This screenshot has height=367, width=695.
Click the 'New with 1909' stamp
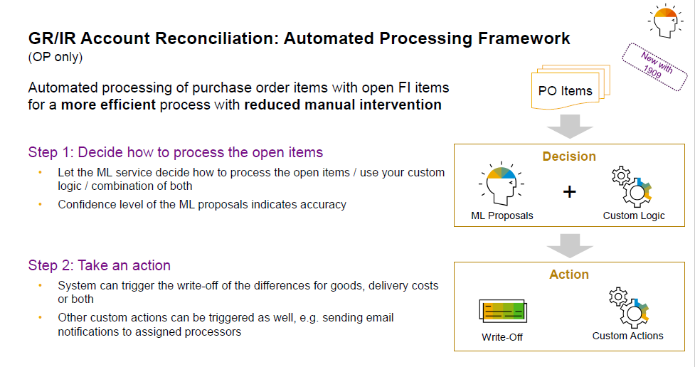pos(654,66)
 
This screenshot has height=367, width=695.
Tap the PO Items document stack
pos(571,87)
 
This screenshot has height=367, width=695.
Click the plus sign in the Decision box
pos(570,191)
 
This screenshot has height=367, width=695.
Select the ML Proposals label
pos(502,216)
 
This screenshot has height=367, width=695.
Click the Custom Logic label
pos(634,216)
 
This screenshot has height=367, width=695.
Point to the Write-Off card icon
pos(503,311)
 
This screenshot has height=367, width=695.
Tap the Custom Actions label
pos(627,336)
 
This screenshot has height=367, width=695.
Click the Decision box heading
pos(569,156)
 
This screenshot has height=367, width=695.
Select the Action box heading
pos(569,275)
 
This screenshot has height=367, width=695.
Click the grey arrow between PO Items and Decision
pos(570,127)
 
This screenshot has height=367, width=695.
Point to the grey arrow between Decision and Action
pos(570,245)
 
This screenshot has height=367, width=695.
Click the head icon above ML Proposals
pos(502,183)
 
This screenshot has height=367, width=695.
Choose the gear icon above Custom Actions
pos(630,307)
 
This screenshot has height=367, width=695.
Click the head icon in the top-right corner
pos(666,21)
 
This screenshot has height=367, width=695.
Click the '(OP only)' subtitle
pos(55,57)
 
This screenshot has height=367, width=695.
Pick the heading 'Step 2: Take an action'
pos(100,265)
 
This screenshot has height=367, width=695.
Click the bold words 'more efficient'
pos(108,105)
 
